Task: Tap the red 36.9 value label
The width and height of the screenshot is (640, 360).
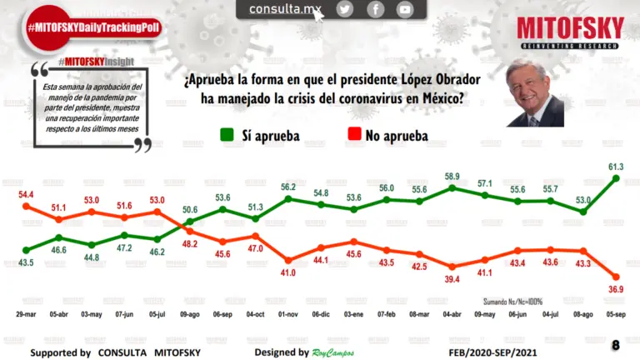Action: (614, 288)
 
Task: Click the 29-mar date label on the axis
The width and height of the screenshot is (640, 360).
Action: (26, 317)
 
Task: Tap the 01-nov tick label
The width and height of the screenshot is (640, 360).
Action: (287, 317)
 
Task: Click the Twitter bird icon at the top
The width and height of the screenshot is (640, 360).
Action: (345, 9)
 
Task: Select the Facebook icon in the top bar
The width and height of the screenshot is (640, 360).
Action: (375, 9)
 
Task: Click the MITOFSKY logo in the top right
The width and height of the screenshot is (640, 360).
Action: (570, 31)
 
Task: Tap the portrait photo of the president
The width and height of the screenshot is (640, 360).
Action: (535, 92)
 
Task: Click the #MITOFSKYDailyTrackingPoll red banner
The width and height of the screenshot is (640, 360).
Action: (92, 27)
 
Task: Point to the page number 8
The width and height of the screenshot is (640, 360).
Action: (616, 345)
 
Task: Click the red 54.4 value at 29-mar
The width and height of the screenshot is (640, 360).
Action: (26, 193)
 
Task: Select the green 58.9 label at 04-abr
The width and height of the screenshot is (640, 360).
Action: (452, 177)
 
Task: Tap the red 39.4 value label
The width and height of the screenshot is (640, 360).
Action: (452, 279)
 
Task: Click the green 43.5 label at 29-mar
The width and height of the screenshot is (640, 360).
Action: (26, 263)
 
